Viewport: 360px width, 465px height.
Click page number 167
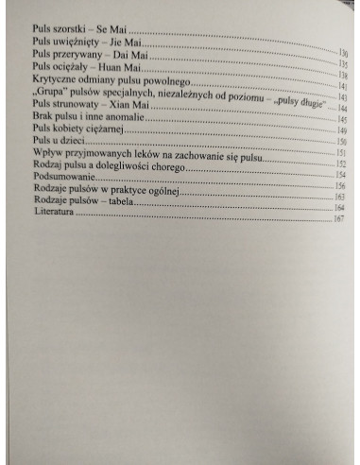[338, 220]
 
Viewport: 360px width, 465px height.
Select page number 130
[343, 55]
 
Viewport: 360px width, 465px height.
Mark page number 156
[339, 187]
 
